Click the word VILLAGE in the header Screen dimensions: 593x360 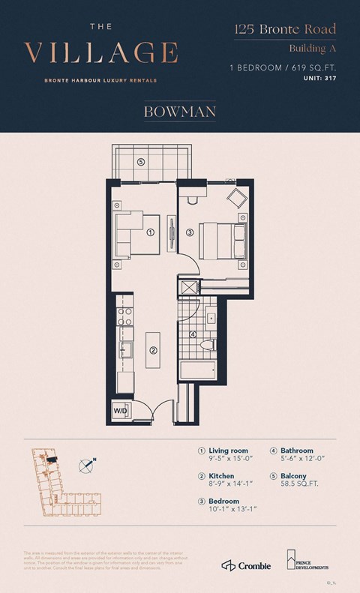coord(101,53)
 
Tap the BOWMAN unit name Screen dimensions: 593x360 coord(179,113)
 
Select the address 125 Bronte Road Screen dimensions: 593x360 coord(284,30)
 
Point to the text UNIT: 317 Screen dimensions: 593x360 coord(317,79)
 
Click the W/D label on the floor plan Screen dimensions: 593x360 coord(120,412)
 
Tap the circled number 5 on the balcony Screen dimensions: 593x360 coord(140,162)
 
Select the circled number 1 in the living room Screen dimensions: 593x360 coord(151,232)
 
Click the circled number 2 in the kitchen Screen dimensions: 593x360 coord(153,350)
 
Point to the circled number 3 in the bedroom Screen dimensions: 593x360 coord(190,232)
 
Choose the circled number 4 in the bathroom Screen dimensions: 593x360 coord(193,334)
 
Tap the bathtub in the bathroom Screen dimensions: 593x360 coord(198,370)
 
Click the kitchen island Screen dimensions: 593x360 coord(153,349)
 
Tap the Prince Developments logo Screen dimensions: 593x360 coord(307,559)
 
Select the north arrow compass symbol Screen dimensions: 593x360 coord(88,466)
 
